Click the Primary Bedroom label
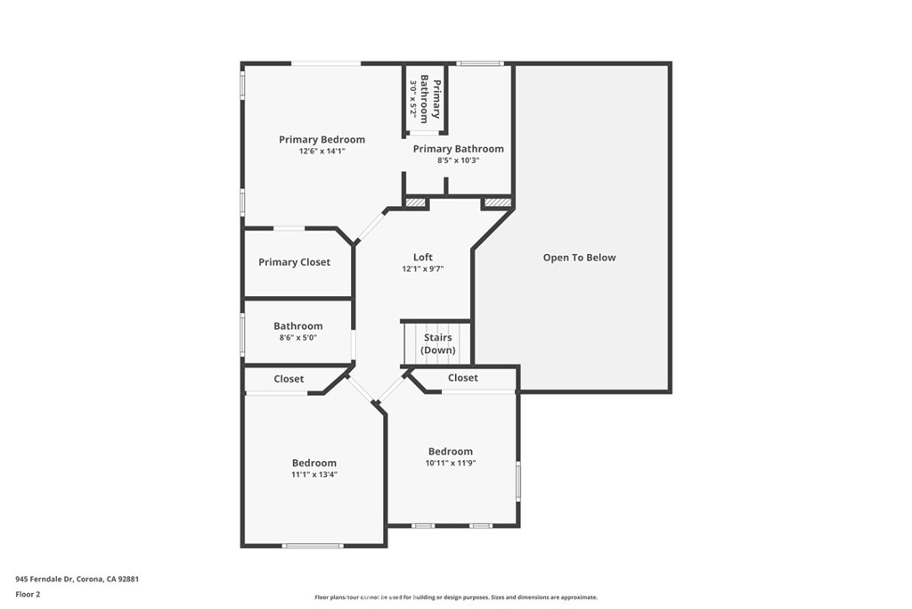tap(322, 140)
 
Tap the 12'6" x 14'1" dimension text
tap(322, 152)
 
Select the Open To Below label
tap(579, 258)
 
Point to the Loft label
tap(422, 258)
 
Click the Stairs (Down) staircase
tap(436, 343)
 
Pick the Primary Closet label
tap(294, 262)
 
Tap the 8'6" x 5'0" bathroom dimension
tap(297, 338)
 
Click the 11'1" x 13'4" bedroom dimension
tap(314, 474)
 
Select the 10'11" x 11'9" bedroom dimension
tap(451, 463)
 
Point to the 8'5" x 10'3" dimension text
tap(458, 160)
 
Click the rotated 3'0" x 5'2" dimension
tap(413, 99)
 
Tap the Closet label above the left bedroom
tap(289, 379)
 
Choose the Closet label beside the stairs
tap(463, 378)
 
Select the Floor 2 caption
tap(28, 593)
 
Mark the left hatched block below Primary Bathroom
tap(416, 203)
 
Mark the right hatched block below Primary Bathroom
tap(497, 203)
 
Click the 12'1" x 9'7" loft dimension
tap(422, 268)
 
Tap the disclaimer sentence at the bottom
tap(455, 597)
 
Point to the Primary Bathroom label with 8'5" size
tap(458, 149)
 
